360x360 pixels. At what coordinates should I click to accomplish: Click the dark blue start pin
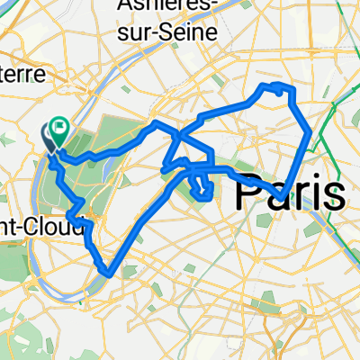49,137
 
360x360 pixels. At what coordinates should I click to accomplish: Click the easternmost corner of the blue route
310,132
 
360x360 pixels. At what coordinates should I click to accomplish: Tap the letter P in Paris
248,193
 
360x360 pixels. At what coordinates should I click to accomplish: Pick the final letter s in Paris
333,194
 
